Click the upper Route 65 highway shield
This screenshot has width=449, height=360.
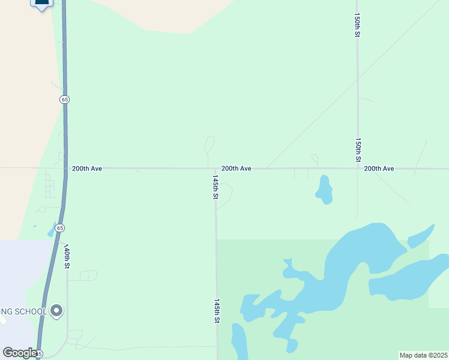point(64,99)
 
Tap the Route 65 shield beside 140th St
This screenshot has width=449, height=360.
point(59,228)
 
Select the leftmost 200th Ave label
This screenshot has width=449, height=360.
point(87,169)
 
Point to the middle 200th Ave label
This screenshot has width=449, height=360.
point(236,169)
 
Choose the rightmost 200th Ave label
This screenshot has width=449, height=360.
point(379,169)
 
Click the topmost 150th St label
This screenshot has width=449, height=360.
point(357,25)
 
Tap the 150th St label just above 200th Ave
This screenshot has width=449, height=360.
point(358,149)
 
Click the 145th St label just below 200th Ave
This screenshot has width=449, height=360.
point(215,187)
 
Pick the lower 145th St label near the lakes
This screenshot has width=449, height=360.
point(215,312)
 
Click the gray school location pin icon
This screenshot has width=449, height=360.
point(56,311)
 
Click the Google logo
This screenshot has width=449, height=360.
point(20,353)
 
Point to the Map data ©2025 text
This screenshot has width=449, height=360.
point(423,355)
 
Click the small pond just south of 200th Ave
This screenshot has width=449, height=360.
point(325,190)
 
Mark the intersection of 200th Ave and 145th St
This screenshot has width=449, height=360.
point(216,169)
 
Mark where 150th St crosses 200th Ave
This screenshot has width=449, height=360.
point(358,169)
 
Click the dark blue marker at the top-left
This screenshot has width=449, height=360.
point(41,4)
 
